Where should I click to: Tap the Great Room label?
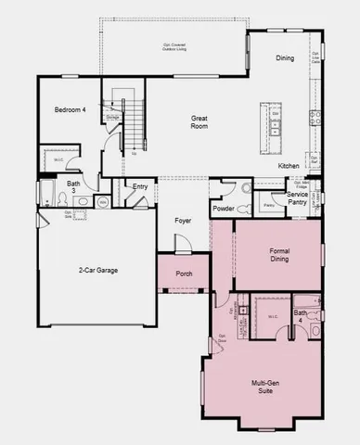click(x=199, y=122)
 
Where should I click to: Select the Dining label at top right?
click(x=285, y=58)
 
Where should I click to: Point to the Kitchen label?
click(x=289, y=165)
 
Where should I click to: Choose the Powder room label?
click(x=224, y=210)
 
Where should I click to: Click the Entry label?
click(x=140, y=187)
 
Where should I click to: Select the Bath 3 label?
click(x=73, y=187)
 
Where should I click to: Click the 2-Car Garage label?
click(x=96, y=271)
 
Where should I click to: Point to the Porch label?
click(x=184, y=273)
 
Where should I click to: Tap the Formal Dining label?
click(x=279, y=255)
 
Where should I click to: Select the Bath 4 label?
click(x=301, y=317)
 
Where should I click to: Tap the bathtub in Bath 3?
click(x=47, y=193)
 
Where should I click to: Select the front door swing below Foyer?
click(x=183, y=243)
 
